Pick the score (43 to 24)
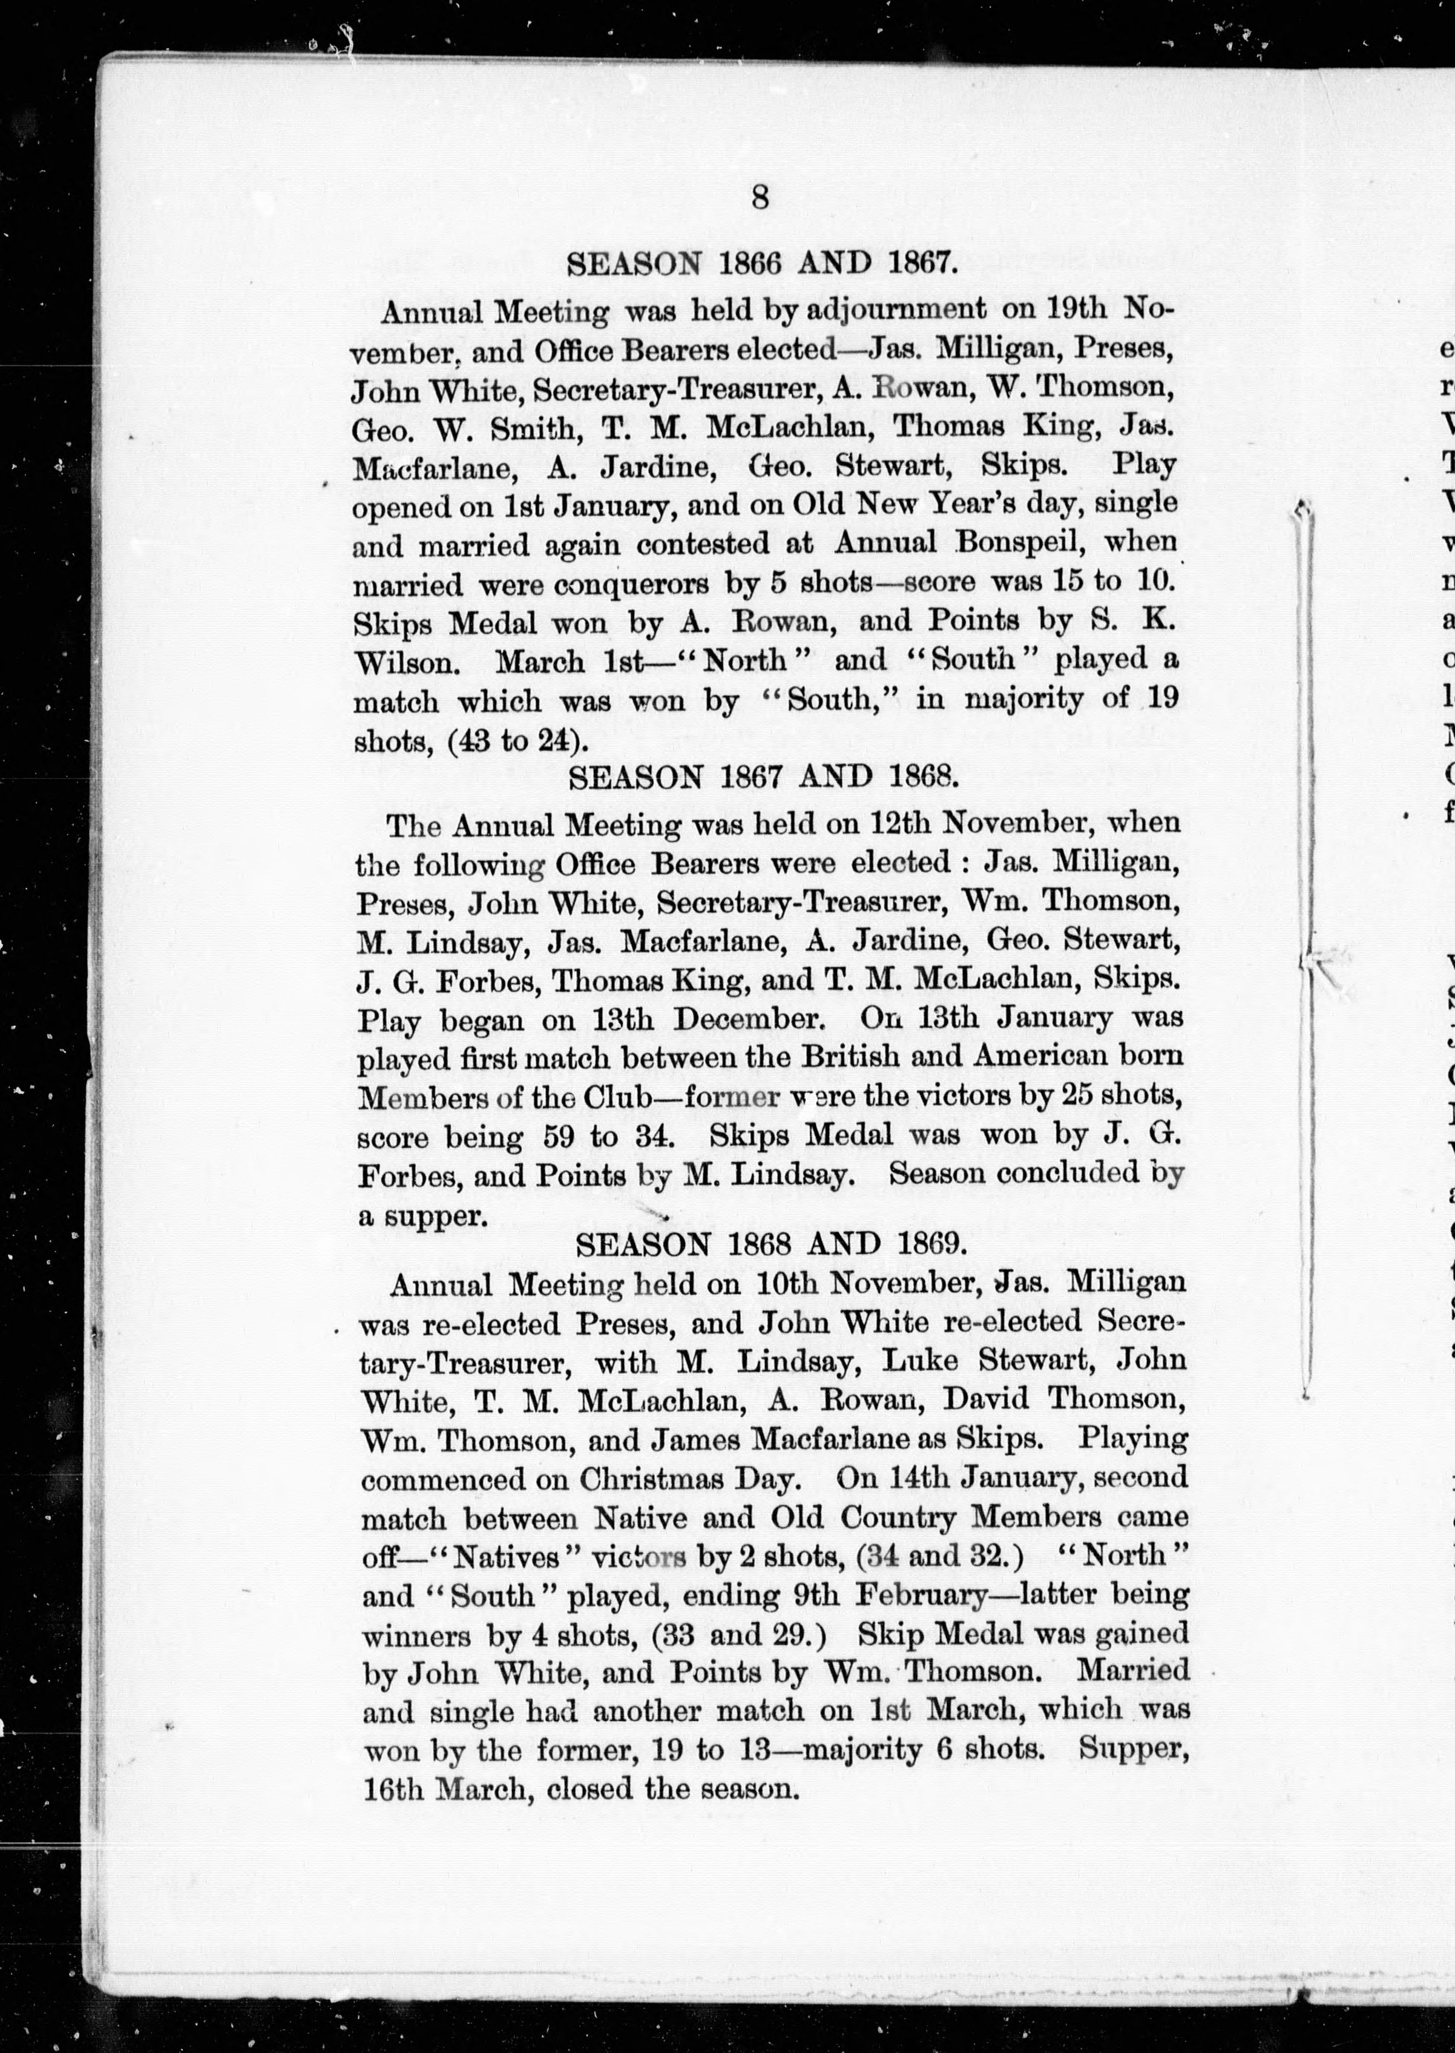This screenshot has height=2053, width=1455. point(518,741)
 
